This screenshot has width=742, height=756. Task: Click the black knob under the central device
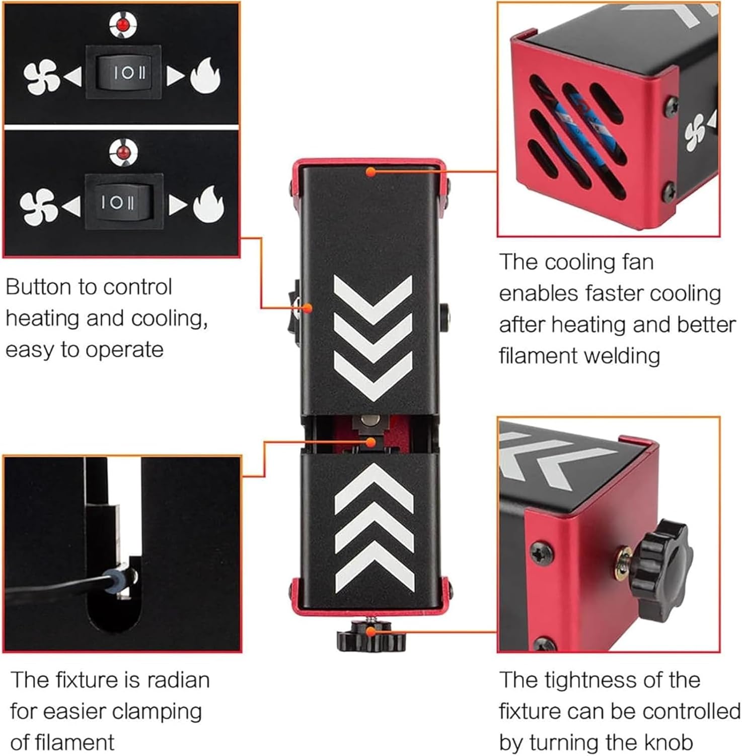[371, 639]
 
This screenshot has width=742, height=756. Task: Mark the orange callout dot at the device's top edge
[370, 172]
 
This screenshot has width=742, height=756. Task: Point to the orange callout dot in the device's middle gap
[371, 442]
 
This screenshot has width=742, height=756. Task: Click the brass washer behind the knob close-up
[625, 558]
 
